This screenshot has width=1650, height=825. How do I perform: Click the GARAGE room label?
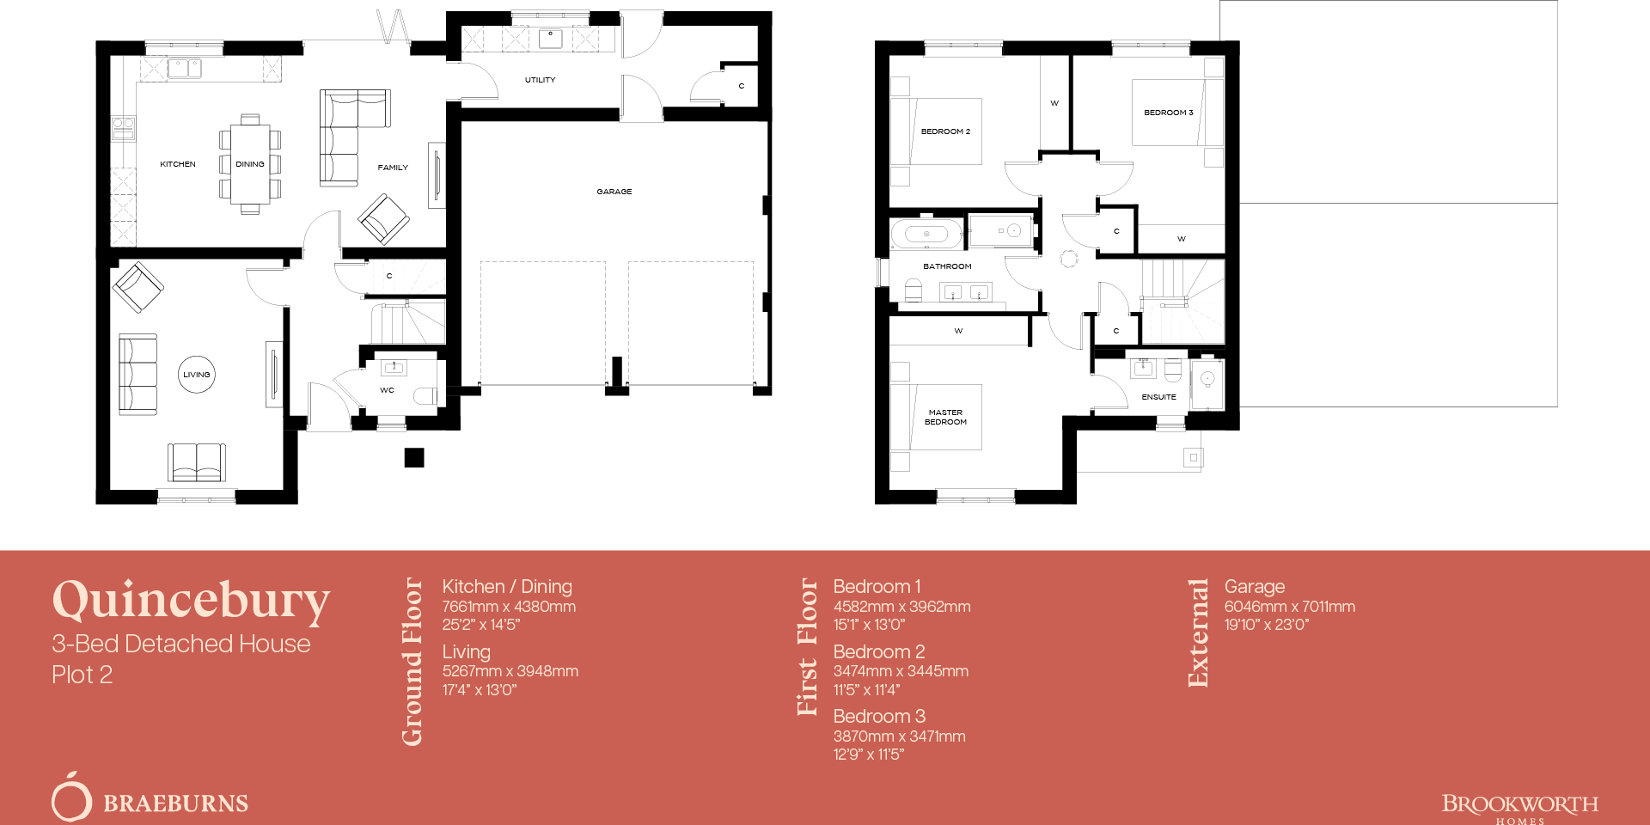614,192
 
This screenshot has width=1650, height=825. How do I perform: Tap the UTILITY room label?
540,80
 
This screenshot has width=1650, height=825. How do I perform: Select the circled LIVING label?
196,375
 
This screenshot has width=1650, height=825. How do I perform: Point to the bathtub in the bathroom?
926,233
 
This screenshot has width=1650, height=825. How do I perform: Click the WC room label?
387,390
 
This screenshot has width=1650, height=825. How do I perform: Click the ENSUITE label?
1158,397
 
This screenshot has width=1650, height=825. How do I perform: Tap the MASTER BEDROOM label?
945,417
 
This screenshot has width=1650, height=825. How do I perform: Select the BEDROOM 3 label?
1168,113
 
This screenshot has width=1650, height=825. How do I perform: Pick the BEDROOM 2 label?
945,131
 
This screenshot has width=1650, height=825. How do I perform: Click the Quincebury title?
191,600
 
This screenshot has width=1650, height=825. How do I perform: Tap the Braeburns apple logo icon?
71,797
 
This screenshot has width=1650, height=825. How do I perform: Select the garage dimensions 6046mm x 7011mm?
1289,607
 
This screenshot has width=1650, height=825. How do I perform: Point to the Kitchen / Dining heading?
506,586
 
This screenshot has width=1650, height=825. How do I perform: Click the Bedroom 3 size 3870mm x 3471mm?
899,736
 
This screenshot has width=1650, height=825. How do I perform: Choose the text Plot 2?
82,675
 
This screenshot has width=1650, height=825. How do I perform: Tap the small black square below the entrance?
414,457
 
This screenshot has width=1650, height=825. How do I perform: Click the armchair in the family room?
383,218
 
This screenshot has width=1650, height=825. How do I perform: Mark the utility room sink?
550,39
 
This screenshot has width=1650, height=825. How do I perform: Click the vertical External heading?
1198,632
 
